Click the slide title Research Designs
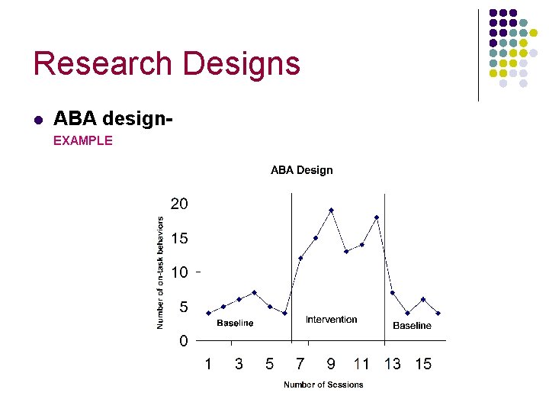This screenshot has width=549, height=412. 166,63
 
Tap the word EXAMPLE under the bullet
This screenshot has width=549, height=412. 82,140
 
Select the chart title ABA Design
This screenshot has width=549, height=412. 301,170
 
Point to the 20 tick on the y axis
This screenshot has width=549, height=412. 178,204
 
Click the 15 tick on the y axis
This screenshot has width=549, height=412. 178,238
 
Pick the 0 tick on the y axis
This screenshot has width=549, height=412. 183,341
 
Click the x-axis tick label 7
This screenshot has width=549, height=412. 300,364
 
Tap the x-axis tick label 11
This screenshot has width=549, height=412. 361,364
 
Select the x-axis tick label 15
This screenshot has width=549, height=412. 423,364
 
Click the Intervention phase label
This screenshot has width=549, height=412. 331,320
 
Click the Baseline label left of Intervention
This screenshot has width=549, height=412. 235,323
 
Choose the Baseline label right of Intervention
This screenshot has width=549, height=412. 412,326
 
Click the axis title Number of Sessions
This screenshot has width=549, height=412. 323,385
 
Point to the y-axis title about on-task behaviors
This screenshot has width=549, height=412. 160,272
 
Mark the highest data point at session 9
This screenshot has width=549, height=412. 331,210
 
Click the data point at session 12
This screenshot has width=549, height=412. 377,217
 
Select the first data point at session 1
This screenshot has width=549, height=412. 208,313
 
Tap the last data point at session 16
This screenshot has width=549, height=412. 438,313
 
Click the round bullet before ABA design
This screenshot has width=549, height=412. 37,120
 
